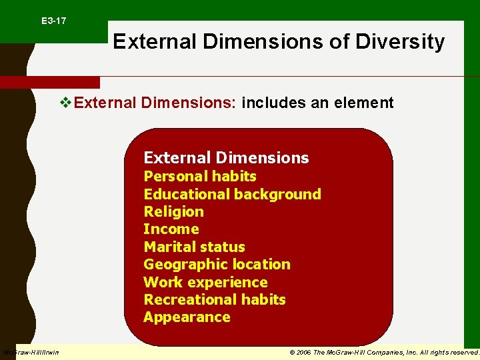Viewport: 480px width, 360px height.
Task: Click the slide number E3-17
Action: pyautogui.click(x=53, y=21)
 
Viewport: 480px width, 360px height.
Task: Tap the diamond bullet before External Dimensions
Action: pyautogui.click(x=65, y=103)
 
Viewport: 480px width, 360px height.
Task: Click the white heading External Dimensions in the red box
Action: pyautogui.click(x=226, y=158)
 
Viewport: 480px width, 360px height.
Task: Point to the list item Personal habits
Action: pyautogui.click(x=200, y=176)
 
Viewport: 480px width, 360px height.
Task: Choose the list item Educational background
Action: pyautogui.click(x=232, y=194)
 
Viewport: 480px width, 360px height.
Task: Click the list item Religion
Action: pyautogui.click(x=173, y=211)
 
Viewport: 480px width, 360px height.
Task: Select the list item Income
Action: pyautogui.click(x=171, y=229)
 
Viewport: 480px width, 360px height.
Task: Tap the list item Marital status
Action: pyautogui.click(x=194, y=247)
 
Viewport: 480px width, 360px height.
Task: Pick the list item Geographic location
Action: pyautogui.click(x=217, y=264)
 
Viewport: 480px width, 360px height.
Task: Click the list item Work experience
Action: pyautogui.click(x=205, y=282)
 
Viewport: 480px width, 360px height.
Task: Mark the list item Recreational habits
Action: pyautogui.click(x=214, y=299)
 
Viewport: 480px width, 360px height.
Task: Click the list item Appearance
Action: pyautogui.click(x=187, y=317)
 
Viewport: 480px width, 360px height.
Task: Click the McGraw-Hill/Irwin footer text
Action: pyautogui.click(x=31, y=352)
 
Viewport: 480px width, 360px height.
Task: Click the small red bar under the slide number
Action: pyautogui.click(x=49, y=83)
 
